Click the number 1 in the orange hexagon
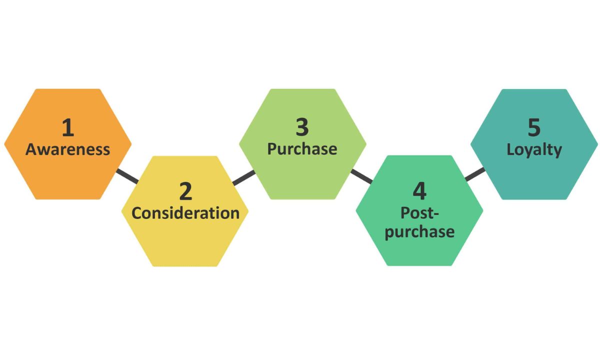(x=68, y=128)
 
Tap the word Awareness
(x=68, y=149)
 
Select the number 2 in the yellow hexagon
(x=185, y=191)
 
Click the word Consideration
(x=185, y=213)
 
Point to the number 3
(x=302, y=127)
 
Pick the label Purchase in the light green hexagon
(x=302, y=149)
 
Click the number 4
(x=419, y=191)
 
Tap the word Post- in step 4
(x=419, y=213)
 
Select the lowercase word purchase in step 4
(x=419, y=232)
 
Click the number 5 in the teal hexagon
(x=534, y=127)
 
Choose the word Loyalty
(x=534, y=150)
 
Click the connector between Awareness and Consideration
(x=127, y=176)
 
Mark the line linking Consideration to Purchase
(x=244, y=177)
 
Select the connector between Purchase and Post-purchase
(x=362, y=176)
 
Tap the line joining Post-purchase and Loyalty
(x=475, y=174)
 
